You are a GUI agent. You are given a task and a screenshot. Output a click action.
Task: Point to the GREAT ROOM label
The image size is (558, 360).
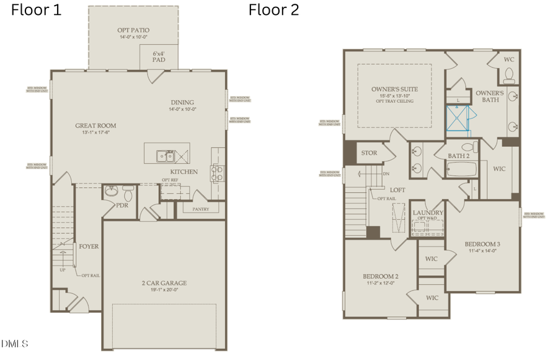point(95,126)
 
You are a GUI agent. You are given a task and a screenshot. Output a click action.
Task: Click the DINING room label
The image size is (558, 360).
point(183,102)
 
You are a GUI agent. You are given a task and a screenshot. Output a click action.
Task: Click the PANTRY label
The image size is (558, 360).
point(200,209)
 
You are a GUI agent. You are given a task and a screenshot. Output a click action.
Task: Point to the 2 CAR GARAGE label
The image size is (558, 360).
point(164,283)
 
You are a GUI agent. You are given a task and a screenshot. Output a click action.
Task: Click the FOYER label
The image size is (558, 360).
point(89,246)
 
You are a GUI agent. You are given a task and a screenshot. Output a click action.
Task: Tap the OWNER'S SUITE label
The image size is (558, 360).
point(394,89)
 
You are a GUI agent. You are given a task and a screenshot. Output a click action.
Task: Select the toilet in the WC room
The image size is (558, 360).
point(510,76)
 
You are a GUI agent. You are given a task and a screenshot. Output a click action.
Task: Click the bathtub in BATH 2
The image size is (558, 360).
point(460,169)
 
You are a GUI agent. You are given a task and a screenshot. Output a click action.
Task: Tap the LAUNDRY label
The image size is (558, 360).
point(427,213)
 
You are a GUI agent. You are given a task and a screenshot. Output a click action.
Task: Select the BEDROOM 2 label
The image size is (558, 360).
point(380,276)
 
